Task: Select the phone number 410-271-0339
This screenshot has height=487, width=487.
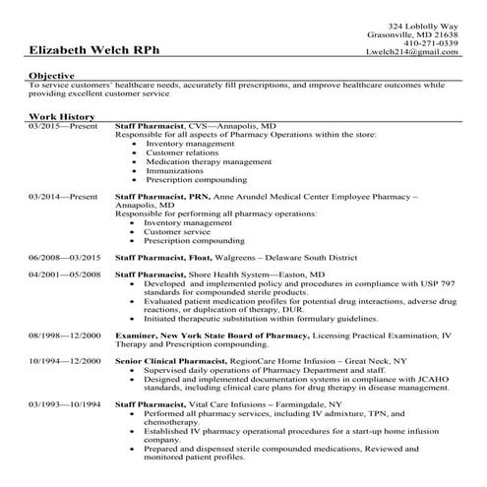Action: [x=431, y=42]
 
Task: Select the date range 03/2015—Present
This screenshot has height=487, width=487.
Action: [x=57, y=127]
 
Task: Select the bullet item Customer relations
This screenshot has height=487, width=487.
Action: [x=181, y=152]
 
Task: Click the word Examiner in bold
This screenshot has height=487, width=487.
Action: [x=136, y=335]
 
